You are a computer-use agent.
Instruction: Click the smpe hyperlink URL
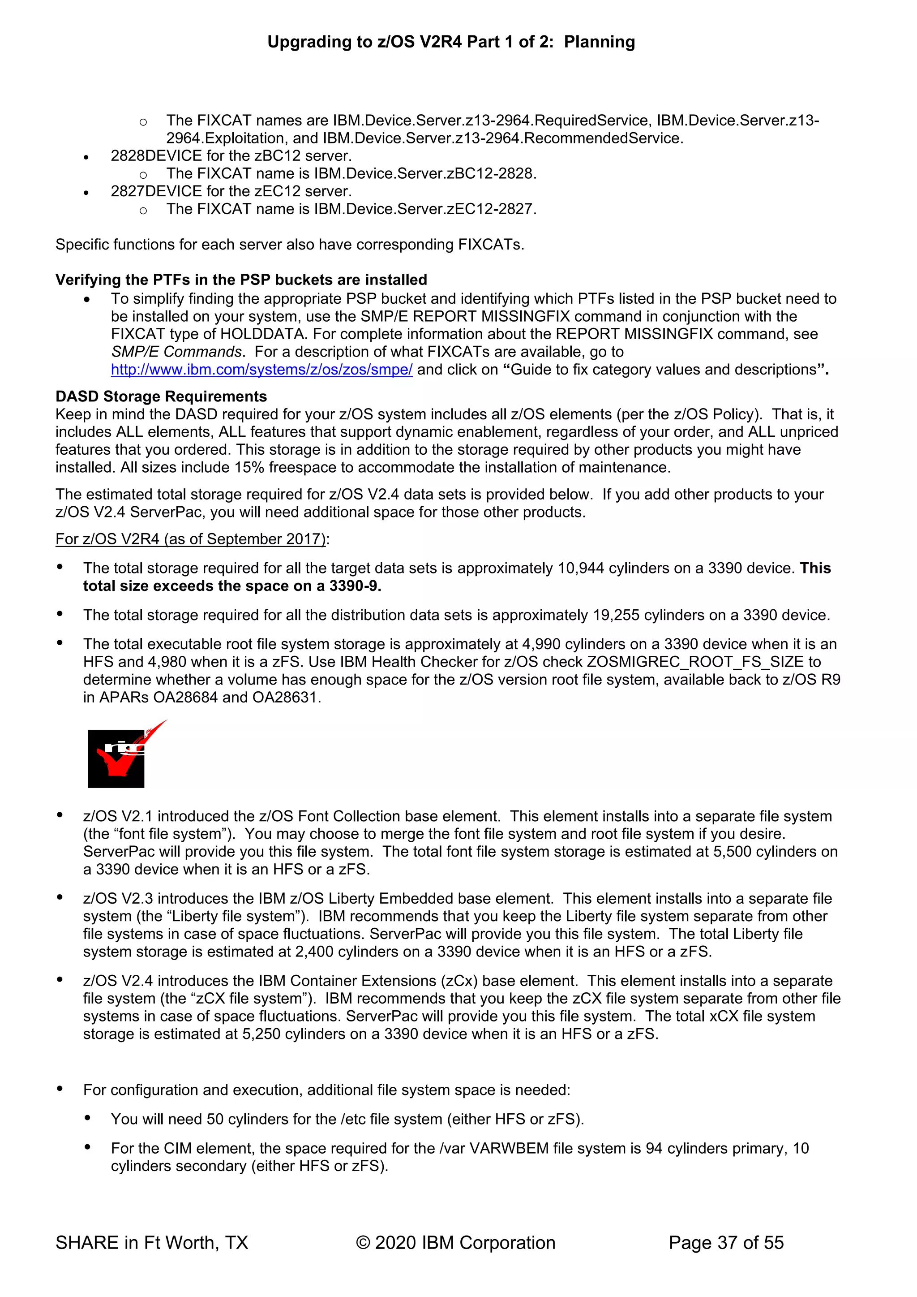261,370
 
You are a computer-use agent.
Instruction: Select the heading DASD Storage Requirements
161,396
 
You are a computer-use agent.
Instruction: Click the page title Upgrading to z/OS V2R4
450,42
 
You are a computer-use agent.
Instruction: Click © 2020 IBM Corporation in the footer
455,1243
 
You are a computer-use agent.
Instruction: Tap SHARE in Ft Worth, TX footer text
152,1243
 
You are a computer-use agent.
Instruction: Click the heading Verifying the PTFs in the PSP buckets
241,280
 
